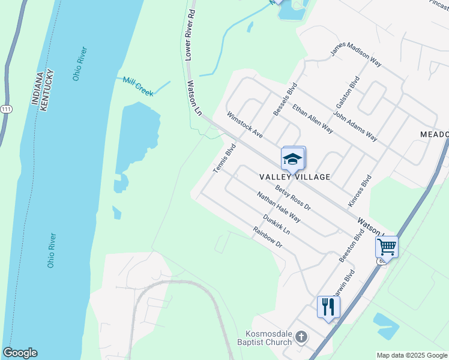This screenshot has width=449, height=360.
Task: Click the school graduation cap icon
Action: point(292,159)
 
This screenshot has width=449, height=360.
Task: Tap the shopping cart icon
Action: point(387,246)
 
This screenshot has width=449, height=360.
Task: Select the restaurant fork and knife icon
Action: point(328,307)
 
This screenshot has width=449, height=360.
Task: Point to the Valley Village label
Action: point(295,177)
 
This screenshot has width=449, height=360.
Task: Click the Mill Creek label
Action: point(138,86)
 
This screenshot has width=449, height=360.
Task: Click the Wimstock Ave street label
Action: point(244,124)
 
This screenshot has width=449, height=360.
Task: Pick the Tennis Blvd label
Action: point(224,159)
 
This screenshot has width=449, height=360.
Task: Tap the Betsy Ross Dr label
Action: point(293,197)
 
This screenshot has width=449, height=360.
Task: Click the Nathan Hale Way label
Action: point(278,207)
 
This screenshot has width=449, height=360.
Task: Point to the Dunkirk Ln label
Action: point(276,224)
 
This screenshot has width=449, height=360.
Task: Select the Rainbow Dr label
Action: point(267,238)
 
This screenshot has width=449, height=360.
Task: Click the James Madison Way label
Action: point(356,58)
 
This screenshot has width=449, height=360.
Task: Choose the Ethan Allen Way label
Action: point(312,118)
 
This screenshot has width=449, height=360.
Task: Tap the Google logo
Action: point(20,353)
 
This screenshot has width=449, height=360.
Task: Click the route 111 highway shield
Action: point(5,109)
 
